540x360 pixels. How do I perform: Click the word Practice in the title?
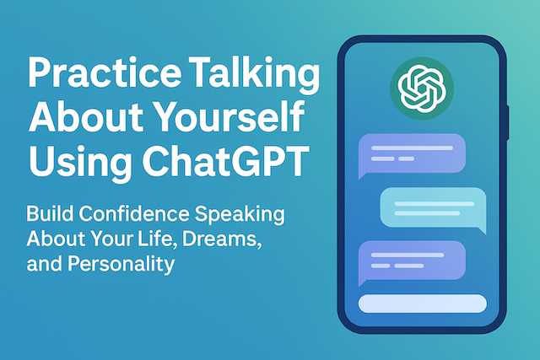pyautogui.click(x=105, y=73)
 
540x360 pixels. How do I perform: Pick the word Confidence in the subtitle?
pyautogui.click(x=134, y=213)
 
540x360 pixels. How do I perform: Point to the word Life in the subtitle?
pyautogui.click(x=158, y=239)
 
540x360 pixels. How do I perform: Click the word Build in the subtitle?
pyautogui.click(x=50, y=213)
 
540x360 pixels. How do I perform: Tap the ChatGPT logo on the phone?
pyautogui.click(x=422, y=89)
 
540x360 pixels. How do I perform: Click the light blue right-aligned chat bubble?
pyautogui.click(x=433, y=207)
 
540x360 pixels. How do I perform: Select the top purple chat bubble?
pyautogui.click(x=412, y=153)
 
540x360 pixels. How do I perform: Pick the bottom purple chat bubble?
pyautogui.click(x=412, y=261)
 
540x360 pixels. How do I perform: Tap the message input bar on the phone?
pyautogui.click(x=423, y=304)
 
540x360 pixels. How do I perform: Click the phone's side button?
pyautogui.click(x=507, y=123)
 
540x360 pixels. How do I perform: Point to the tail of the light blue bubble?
pyautogui.click(x=482, y=229)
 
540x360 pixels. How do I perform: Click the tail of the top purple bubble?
pyautogui.click(x=362, y=175)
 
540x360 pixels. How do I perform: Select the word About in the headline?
pyautogui.click(x=86, y=116)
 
